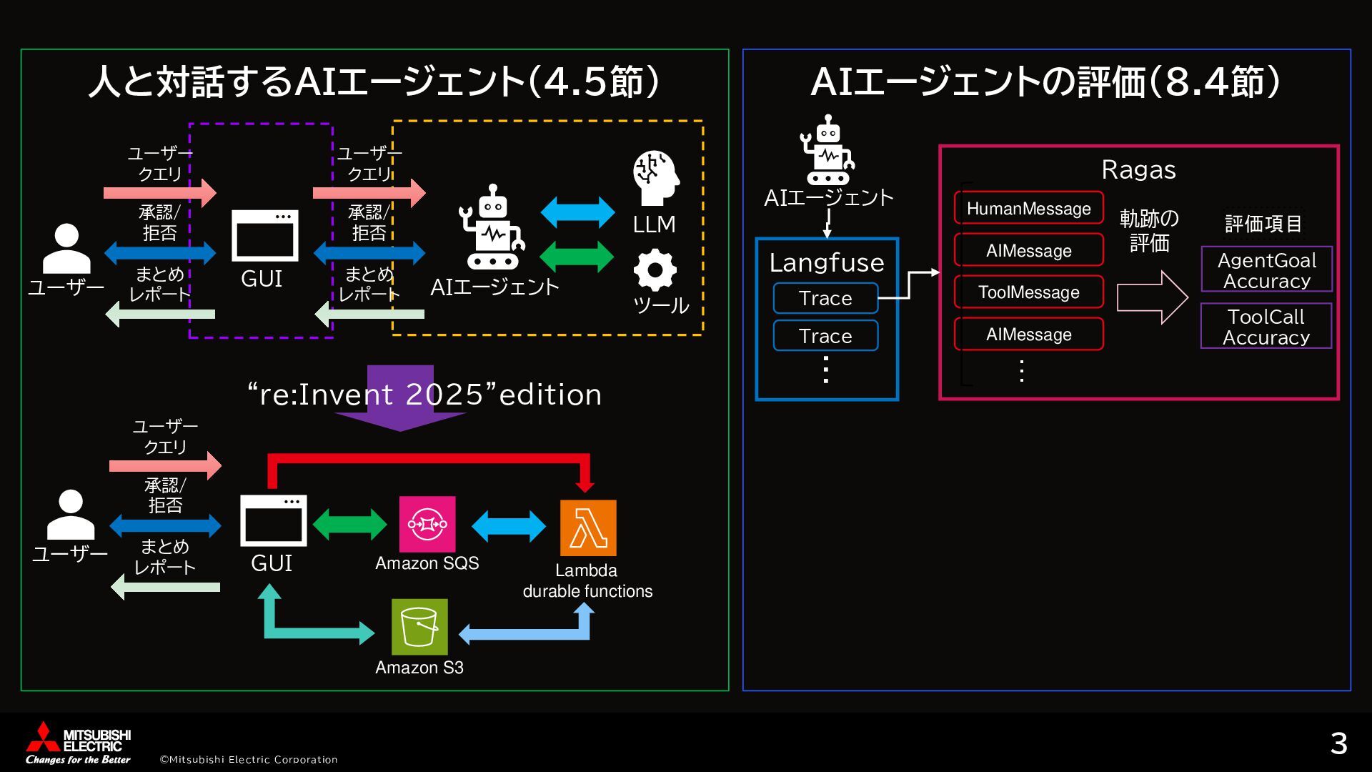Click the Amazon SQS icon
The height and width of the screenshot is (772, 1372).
427,524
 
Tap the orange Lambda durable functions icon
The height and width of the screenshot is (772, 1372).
588,528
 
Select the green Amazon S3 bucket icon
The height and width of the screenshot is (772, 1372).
419,626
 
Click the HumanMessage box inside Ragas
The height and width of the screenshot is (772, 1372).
1028,208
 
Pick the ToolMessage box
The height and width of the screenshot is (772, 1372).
1028,292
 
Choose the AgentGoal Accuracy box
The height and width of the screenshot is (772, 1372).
1266,269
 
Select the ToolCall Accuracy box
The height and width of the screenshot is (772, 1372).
1266,326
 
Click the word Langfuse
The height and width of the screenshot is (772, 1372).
827,262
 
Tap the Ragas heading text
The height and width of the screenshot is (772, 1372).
1138,170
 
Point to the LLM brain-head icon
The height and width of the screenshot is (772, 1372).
655,178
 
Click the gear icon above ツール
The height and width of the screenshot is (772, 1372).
655,270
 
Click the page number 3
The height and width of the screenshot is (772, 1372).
1338,744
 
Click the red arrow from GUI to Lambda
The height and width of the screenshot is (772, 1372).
429,459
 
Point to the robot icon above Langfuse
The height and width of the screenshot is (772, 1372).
827,150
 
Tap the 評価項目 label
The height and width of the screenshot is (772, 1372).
1263,224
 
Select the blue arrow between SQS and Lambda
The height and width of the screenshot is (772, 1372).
509,526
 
